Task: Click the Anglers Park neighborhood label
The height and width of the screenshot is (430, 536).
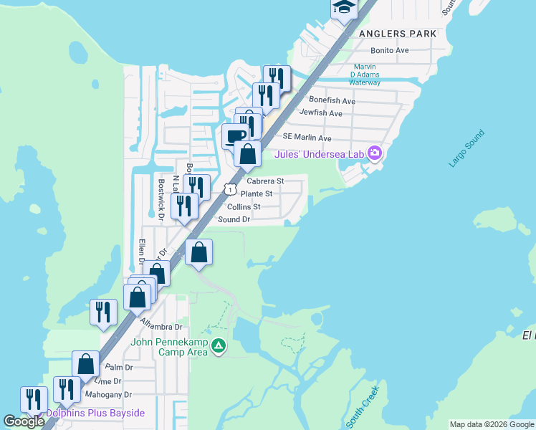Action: (397, 34)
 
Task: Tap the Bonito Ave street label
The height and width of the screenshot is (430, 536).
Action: (390, 51)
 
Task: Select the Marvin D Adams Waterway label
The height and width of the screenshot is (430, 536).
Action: (365, 75)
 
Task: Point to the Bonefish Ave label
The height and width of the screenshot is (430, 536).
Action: (332, 101)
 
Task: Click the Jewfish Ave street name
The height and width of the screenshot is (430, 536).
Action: (321, 113)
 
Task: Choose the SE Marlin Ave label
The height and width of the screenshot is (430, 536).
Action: (307, 138)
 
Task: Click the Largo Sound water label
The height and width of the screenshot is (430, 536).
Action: (466, 148)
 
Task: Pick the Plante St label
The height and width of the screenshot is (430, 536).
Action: (257, 194)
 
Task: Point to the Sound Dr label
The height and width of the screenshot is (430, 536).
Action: (234, 219)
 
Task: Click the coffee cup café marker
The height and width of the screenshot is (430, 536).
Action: (234, 135)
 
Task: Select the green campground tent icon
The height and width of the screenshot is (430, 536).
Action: (219, 348)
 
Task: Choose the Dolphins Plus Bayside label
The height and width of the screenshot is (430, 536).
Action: (95, 414)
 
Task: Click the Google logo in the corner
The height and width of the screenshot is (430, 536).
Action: (24, 421)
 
